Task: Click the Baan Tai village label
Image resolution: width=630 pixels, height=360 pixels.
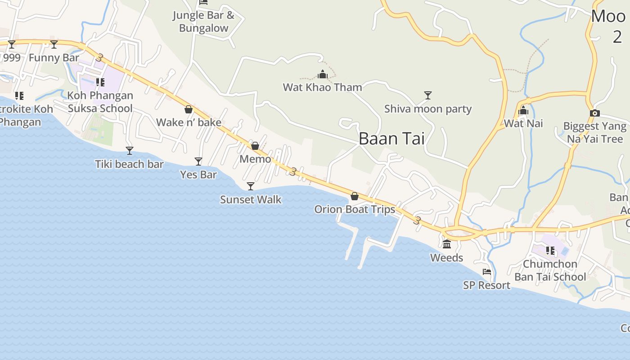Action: [x=391, y=139]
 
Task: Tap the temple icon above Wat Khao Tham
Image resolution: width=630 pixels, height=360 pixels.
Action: [x=322, y=74]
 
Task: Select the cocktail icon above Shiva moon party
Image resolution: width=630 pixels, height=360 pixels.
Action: [x=428, y=95]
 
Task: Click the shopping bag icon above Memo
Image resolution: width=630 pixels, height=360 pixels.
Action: [x=255, y=146]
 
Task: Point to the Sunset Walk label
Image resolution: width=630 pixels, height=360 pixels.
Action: [x=251, y=199]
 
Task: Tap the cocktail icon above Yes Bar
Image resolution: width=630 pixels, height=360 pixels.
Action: [x=198, y=161]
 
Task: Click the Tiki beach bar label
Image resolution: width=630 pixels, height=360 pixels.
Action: [x=129, y=164]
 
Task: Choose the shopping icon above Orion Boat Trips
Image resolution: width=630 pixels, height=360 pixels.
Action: [x=355, y=196]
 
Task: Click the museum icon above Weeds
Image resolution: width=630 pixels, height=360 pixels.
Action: [x=447, y=244]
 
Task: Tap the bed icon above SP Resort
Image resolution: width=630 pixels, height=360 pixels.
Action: [x=486, y=272]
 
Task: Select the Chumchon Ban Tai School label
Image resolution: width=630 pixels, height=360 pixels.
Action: [x=550, y=270]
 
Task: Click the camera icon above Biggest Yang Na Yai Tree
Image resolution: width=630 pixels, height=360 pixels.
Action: [x=595, y=113]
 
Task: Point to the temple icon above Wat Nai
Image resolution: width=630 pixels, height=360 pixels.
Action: [x=523, y=110]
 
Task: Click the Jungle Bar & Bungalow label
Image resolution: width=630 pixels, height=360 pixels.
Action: [x=204, y=22]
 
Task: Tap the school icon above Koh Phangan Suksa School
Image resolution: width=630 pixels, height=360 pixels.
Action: [x=100, y=82]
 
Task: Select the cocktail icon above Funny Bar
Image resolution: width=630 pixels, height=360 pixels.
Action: [x=54, y=44]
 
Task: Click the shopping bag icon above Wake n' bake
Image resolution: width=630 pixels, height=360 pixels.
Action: [x=189, y=109]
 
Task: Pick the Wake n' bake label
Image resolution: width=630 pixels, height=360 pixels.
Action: [x=189, y=122]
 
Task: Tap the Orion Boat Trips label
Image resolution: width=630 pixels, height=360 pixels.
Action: [x=355, y=209]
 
